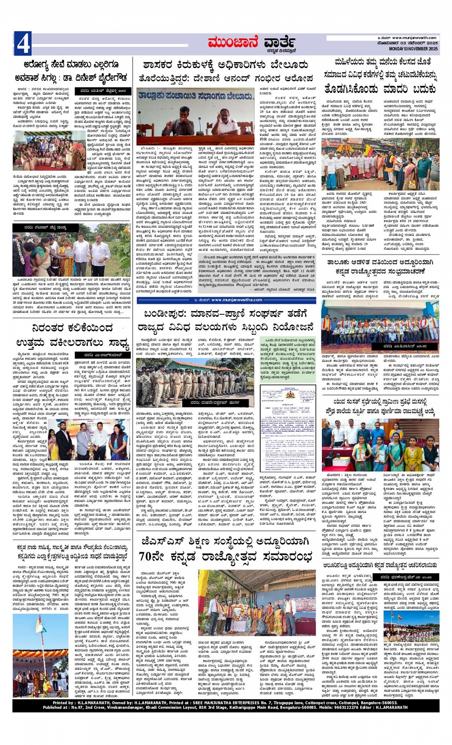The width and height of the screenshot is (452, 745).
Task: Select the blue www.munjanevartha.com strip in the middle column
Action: pos(226,300)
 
